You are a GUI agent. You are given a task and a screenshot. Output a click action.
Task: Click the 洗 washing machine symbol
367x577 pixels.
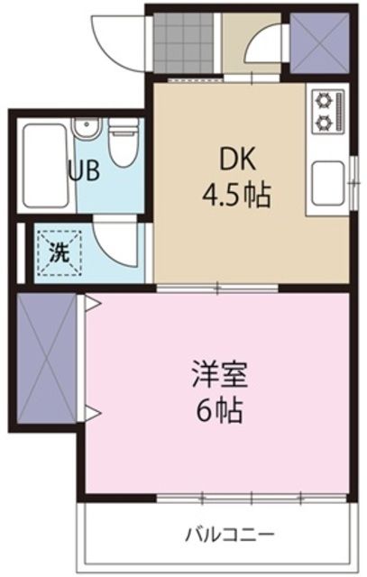click(57, 252)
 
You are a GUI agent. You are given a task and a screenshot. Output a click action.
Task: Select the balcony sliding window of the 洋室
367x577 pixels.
click(252, 497)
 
